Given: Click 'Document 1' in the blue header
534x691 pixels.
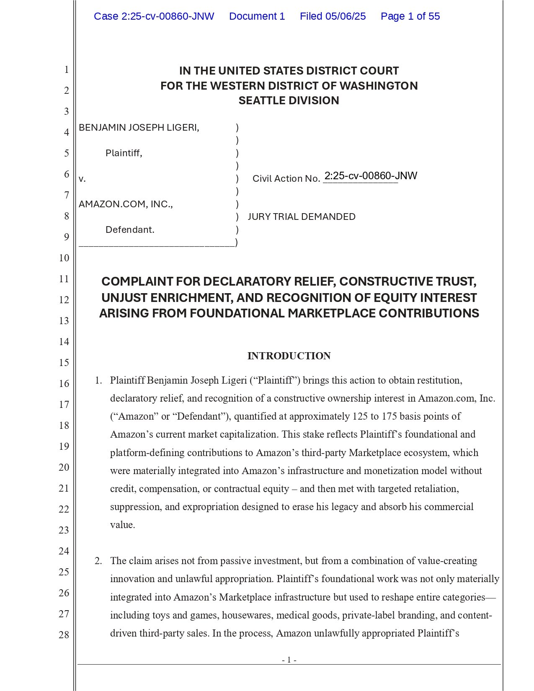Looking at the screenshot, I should pyautogui.click(x=257, y=16).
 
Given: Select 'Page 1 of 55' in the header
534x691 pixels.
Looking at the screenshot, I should pyautogui.click(x=410, y=16).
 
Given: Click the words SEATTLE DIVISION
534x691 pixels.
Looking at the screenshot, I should pyautogui.click(x=289, y=101).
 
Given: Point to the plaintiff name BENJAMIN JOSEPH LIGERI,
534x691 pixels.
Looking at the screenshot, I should pyautogui.click(x=139, y=127).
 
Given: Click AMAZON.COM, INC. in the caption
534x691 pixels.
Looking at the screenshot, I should pyautogui.click(x=126, y=204).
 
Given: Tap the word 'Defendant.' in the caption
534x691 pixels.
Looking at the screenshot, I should pyautogui.click(x=130, y=229).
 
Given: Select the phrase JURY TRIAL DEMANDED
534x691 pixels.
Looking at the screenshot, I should pyautogui.click(x=302, y=217).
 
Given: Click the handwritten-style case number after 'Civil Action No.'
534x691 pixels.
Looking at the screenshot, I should pyautogui.click(x=371, y=176).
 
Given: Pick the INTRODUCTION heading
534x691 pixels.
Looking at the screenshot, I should pyautogui.click(x=289, y=356).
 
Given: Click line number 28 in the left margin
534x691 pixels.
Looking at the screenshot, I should pyautogui.click(x=64, y=635).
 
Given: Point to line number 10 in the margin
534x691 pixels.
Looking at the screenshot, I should pyautogui.click(x=64, y=258).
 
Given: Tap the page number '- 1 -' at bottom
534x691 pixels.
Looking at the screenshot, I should pyautogui.click(x=289, y=660).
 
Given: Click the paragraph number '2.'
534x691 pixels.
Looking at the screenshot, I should pyautogui.click(x=98, y=561).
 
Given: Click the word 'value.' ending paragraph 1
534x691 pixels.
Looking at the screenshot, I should pyautogui.click(x=123, y=525).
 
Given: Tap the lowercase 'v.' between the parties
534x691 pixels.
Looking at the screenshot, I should pyautogui.click(x=82, y=179).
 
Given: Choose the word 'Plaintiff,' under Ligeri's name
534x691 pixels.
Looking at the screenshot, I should pyautogui.click(x=124, y=153).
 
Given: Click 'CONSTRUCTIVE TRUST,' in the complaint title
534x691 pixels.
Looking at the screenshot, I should pyautogui.click(x=408, y=281).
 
